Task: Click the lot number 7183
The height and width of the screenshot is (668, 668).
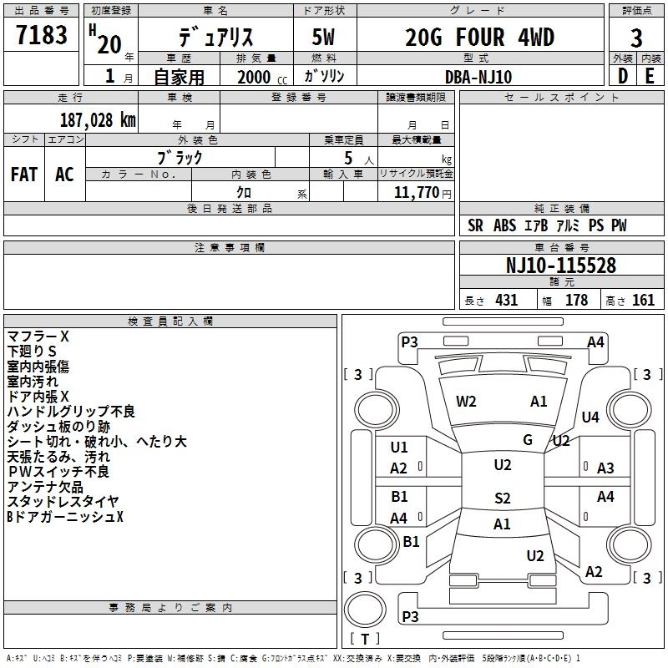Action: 41,35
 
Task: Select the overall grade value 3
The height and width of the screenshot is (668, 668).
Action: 636,38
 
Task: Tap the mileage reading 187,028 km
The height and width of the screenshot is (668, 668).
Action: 98,120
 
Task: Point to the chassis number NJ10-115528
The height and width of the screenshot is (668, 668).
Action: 561,266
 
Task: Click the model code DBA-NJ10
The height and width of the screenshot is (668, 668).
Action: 478,77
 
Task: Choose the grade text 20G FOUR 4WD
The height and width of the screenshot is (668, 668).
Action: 479,37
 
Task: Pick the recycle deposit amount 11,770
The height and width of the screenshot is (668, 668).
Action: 416,193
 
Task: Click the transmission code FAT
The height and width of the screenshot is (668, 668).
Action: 24,175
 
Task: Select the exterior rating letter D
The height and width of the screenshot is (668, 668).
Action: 623,76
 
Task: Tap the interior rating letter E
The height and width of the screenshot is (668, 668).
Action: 650,76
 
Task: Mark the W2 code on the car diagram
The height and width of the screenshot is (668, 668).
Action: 466,402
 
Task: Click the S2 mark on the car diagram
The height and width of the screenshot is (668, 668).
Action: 503,498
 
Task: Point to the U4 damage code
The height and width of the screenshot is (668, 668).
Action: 590,417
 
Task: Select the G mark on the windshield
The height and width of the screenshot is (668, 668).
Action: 528,440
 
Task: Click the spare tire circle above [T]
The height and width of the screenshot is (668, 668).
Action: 365,610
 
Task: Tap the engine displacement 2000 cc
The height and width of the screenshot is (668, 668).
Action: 262,77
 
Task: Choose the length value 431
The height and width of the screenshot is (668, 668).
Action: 507,300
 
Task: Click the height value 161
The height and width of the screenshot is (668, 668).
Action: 643,300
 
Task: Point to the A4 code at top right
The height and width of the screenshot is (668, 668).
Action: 595,342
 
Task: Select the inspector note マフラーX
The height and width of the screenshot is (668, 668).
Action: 38,337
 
